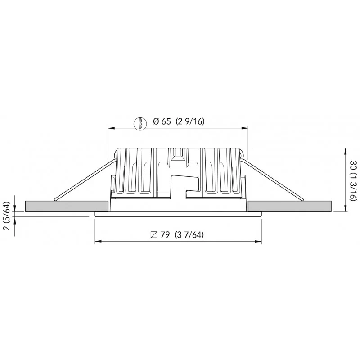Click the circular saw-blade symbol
pyautogui.click(x=140, y=123)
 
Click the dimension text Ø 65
pyautogui.click(x=162, y=121)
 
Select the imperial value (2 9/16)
pyautogui.click(x=190, y=121)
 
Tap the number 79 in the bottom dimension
pyautogui.click(x=165, y=235)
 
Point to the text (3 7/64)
pyautogui.click(x=189, y=235)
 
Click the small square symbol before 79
pyautogui.click(x=154, y=235)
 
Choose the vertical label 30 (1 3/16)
pyautogui.click(x=354, y=181)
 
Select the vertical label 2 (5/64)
pyautogui.click(x=7, y=216)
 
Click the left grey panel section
pyautogui.click(x=67, y=206)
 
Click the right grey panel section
pyautogui.click(x=290, y=206)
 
